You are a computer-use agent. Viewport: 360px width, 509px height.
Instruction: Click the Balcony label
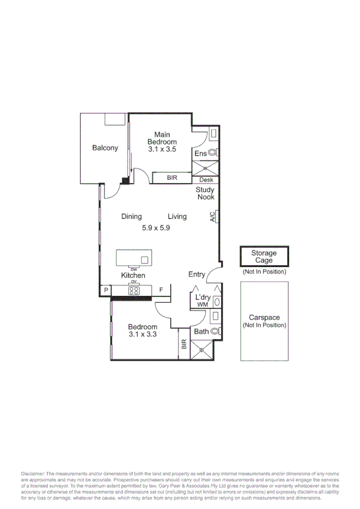(x=105, y=148)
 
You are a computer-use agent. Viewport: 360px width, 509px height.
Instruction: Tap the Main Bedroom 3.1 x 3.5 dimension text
(x=162, y=150)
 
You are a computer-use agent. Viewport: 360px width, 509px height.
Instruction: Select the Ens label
(x=200, y=154)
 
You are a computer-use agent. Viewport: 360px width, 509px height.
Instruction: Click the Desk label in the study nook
(x=206, y=180)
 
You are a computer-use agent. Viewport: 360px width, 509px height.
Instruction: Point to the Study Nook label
(x=205, y=194)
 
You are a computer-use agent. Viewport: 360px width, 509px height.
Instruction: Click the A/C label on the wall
(x=213, y=217)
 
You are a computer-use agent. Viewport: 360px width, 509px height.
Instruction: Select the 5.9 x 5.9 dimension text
(x=156, y=228)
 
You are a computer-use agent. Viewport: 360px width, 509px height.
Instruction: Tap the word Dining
(x=131, y=216)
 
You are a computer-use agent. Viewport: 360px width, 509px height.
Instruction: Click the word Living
(x=177, y=216)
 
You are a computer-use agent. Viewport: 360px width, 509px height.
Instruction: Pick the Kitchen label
(x=133, y=275)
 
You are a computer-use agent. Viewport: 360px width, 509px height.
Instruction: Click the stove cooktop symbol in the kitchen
(x=134, y=291)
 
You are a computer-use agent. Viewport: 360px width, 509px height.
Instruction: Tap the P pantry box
(x=105, y=291)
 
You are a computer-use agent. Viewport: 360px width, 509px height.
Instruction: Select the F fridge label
(x=161, y=291)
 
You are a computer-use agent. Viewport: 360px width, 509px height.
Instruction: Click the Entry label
(x=196, y=275)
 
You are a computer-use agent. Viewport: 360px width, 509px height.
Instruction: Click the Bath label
(x=201, y=331)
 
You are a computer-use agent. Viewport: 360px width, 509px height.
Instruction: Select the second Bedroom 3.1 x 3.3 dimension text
(x=143, y=335)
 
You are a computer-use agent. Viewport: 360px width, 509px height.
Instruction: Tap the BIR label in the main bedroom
(x=172, y=178)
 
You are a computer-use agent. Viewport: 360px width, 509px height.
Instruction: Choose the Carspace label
(x=264, y=318)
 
